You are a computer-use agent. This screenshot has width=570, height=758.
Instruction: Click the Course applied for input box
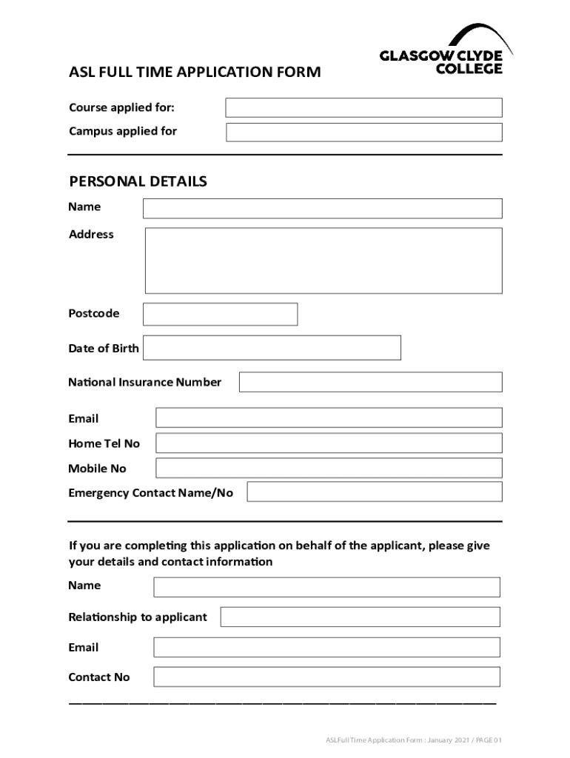[x=363, y=108]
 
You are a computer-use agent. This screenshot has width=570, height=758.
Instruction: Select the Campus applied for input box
[x=363, y=133]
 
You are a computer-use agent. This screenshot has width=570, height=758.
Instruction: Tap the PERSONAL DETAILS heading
[x=138, y=181]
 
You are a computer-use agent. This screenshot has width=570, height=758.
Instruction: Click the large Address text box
[x=323, y=261]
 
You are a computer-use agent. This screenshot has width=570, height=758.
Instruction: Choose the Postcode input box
[x=220, y=314]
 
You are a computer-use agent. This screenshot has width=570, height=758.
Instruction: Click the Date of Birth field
[x=272, y=348]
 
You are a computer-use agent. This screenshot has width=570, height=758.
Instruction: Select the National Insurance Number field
[x=370, y=382]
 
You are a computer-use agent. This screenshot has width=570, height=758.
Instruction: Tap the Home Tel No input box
[x=329, y=443]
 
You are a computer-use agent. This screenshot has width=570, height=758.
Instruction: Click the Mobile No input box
[x=329, y=468]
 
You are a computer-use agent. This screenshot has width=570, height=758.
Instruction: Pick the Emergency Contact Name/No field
[x=374, y=492]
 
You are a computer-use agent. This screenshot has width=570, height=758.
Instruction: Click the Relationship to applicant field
[x=360, y=617]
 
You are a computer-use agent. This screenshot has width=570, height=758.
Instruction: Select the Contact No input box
[x=326, y=677]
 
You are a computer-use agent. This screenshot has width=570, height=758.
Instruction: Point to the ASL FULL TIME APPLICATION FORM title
[x=195, y=73]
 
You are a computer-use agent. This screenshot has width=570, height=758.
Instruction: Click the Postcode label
[x=93, y=314]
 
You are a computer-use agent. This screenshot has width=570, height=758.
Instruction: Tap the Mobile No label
[x=97, y=469]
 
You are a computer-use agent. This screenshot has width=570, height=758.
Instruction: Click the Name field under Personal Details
[x=322, y=208]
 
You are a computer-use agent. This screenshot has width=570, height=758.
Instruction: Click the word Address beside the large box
[x=91, y=235]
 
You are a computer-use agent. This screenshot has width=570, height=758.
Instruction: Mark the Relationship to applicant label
[x=138, y=617]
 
